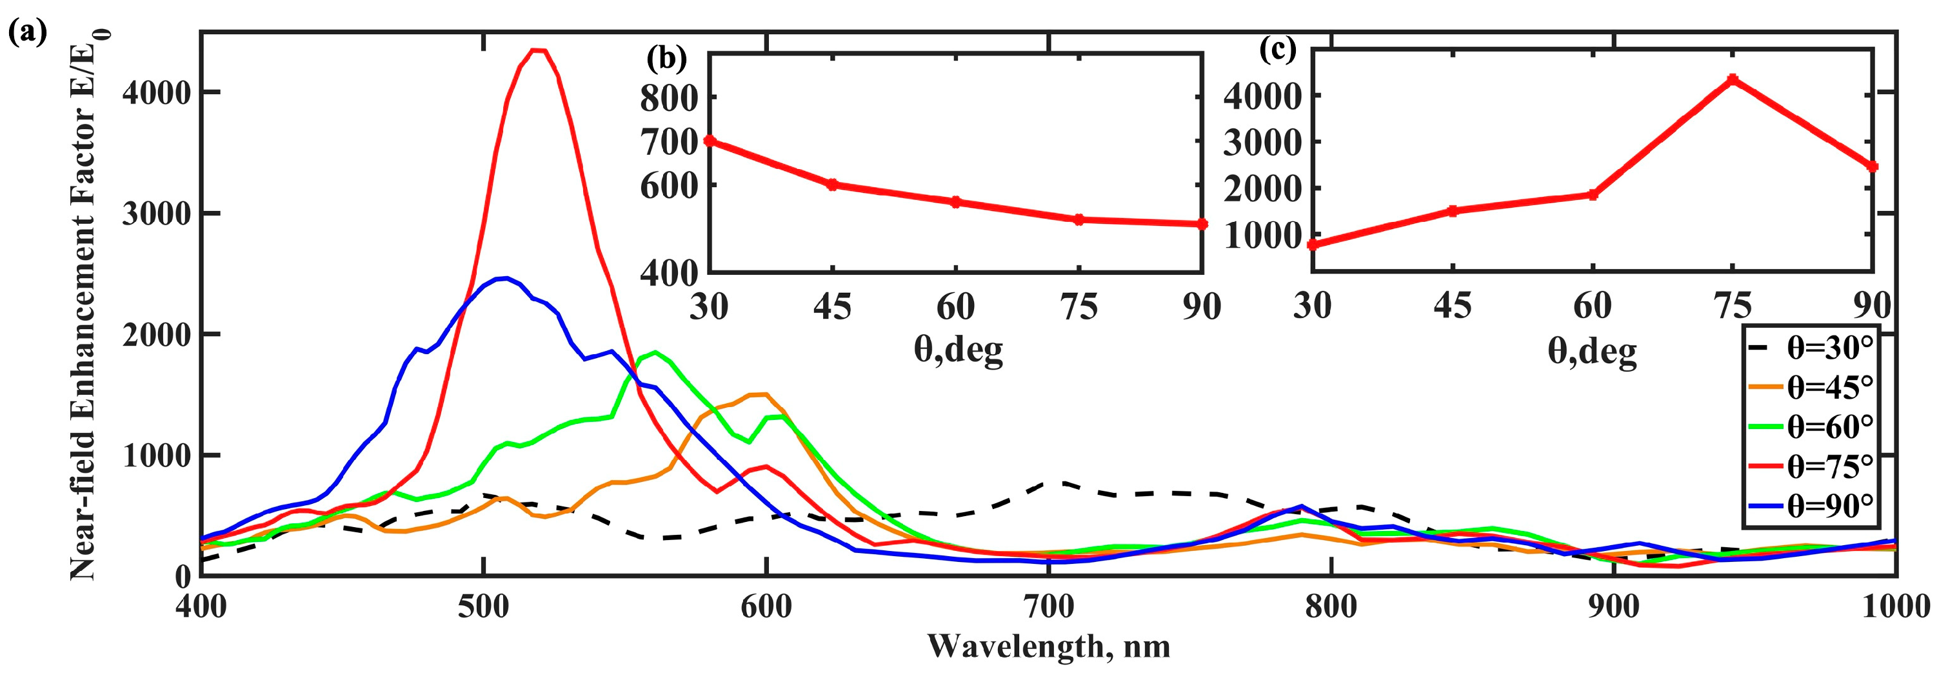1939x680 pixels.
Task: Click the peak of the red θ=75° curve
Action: pyautogui.click(x=538, y=50)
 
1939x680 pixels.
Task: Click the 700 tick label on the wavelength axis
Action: pyautogui.click(x=1048, y=607)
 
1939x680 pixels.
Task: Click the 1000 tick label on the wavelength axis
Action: pyautogui.click(x=1894, y=607)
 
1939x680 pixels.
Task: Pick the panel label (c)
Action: pyautogui.click(x=1277, y=49)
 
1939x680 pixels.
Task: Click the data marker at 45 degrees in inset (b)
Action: pyautogui.click(x=833, y=185)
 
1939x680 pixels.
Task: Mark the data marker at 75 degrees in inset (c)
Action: pyautogui.click(x=1733, y=79)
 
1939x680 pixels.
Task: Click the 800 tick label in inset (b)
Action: pyautogui.click(x=669, y=98)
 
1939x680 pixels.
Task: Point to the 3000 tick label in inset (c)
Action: pyautogui.click(x=1262, y=143)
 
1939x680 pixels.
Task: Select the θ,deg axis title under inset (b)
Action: pyautogui.click(x=957, y=350)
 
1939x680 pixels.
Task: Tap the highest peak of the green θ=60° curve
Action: pyautogui.click(x=655, y=352)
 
